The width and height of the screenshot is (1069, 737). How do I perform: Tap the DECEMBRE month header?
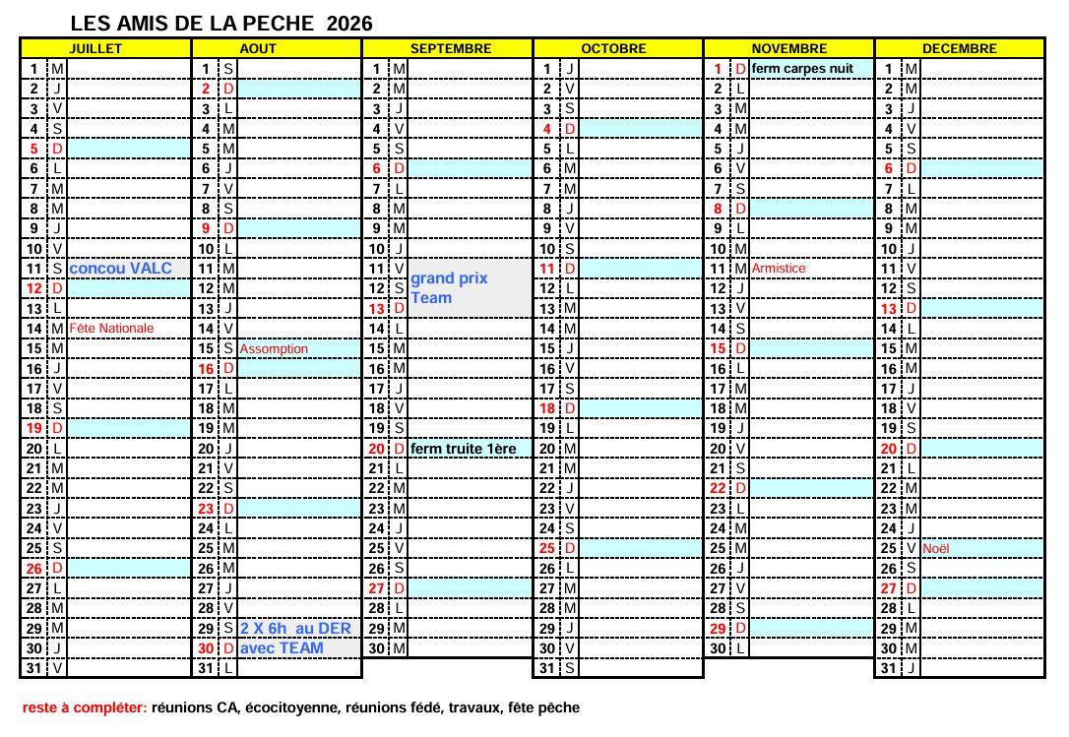click(x=959, y=48)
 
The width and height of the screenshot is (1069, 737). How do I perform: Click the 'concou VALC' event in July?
click(x=121, y=269)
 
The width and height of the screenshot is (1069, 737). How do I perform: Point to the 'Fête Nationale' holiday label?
click(x=111, y=329)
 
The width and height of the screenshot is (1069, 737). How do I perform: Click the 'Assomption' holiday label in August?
click(x=274, y=349)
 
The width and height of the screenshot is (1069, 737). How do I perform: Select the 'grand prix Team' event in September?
click(x=448, y=288)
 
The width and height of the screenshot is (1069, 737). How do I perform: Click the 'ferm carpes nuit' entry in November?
click(x=802, y=69)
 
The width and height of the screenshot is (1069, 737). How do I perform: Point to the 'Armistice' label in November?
click(x=778, y=269)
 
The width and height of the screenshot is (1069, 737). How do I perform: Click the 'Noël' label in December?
click(x=936, y=548)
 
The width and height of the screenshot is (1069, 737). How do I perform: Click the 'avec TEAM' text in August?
click(x=282, y=648)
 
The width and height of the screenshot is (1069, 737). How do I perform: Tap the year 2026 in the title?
click(x=349, y=24)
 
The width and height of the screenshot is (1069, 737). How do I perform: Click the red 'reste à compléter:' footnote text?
click(x=85, y=707)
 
